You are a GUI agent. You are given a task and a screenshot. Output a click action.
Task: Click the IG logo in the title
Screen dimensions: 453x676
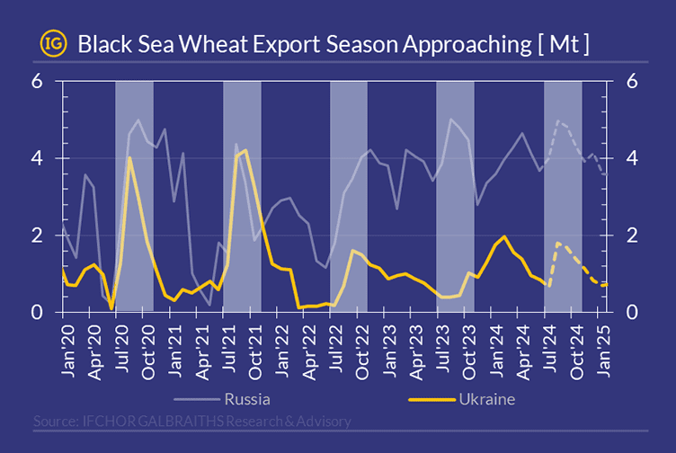(x=52, y=42)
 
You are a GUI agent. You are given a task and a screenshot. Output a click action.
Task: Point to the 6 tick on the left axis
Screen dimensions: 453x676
(x=38, y=81)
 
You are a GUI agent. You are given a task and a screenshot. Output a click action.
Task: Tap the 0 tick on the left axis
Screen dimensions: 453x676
(x=38, y=312)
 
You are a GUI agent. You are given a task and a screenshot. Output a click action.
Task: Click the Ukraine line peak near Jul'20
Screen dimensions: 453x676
(x=129, y=158)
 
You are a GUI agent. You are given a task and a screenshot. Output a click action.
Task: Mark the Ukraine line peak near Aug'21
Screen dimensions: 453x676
(x=245, y=150)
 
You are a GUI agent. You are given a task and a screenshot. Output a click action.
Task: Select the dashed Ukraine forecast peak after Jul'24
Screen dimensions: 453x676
(x=558, y=243)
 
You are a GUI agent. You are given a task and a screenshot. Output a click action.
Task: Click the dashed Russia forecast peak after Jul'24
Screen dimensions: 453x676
(x=558, y=120)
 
